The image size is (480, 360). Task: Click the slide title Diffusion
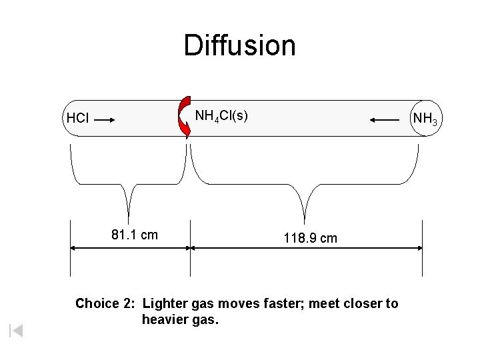[239, 45]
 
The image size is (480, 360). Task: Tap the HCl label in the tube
[77, 119]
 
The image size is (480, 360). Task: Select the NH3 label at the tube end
[425, 119]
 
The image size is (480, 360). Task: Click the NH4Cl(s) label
[221, 116]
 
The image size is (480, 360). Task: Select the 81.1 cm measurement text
[135, 235]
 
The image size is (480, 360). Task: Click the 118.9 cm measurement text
[310, 238]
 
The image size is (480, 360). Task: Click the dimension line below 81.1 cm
[130, 248]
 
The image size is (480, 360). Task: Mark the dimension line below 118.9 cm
[307, 248]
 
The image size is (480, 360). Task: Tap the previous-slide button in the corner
[17, 330]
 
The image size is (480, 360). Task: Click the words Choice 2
[104, 304]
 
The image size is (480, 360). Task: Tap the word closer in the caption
[365, 304]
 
